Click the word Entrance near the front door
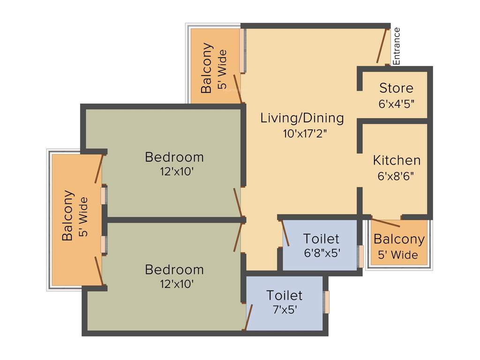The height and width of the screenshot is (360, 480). pos(397,46)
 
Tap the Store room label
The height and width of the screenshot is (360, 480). pos(396,88)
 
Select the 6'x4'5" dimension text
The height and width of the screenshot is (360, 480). pos(396,105)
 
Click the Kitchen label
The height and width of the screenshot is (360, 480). pos(397,160)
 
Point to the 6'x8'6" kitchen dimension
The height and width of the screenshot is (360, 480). pos(397,177)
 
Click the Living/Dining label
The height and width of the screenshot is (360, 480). pos(302,118)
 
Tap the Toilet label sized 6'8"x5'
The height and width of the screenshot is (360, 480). pos(321,238)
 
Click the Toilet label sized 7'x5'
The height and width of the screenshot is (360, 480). pos(284,295)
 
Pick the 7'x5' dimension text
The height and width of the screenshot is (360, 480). pos(284,310)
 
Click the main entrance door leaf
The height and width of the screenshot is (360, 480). pos(382,46)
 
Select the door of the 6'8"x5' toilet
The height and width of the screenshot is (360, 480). pos(285,233)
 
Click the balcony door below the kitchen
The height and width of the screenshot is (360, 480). pos(386,223)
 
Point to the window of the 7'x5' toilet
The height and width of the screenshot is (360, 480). pos(327,302)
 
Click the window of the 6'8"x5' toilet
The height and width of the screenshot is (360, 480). pos(360,256)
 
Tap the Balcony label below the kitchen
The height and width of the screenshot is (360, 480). pos(399,240)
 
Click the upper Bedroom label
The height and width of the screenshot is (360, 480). pos(174,157)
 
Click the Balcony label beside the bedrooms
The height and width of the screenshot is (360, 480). pos(68,216)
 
